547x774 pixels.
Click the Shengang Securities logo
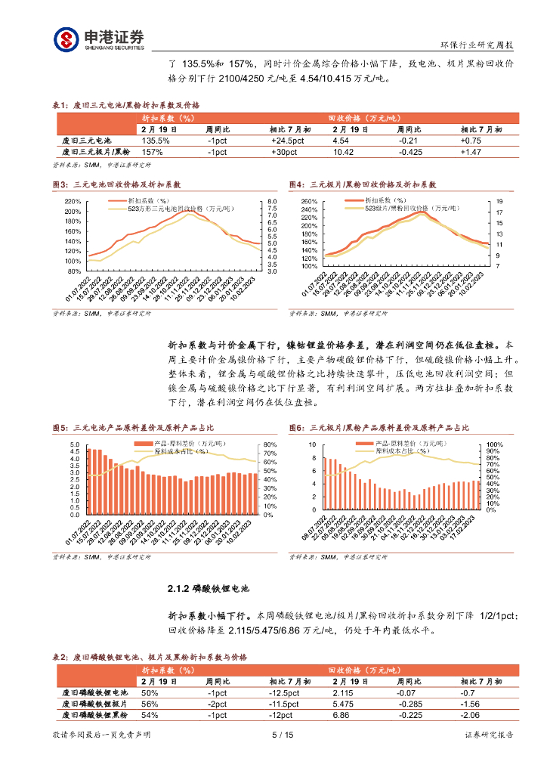98,39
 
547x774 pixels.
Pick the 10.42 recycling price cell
343,152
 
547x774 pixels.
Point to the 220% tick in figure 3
73,202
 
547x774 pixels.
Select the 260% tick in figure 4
309,202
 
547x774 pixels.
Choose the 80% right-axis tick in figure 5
269,444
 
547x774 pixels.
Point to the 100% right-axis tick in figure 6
493,444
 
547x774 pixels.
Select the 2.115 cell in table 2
345,692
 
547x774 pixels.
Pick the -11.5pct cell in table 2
285,704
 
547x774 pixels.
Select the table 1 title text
125,105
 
